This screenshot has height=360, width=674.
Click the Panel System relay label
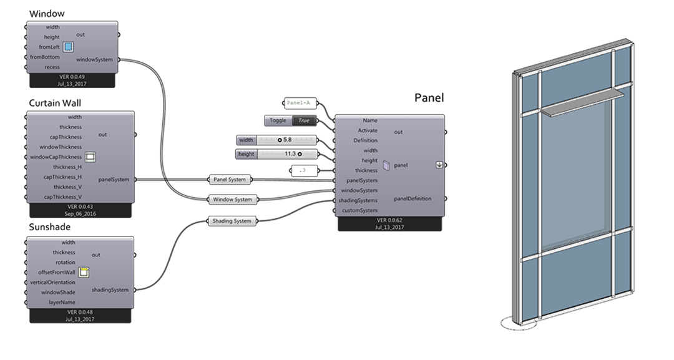click(x=228, y=180)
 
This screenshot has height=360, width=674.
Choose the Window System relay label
click(x=232, y=200)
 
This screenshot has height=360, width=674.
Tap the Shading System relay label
click(x=232, y=221)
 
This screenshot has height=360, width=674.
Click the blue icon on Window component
click(x=68, y=47)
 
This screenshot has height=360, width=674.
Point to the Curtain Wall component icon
click(x=89, y=157)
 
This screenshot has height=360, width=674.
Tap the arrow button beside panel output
click(x=439, y=165)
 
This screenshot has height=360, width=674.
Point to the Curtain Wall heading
click(x=55, y=103)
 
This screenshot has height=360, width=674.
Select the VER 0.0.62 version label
click(x=390, y=220)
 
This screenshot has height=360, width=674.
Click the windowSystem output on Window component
click(x=94, y=60)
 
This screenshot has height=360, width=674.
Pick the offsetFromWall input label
click(x=53, y=273)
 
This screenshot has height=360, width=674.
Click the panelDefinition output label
click(x=413, y=199)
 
